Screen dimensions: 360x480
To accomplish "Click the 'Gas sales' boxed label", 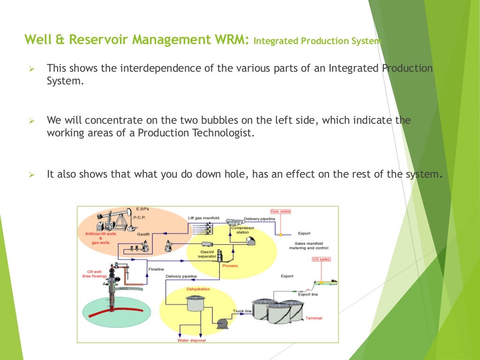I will tap(280, 211).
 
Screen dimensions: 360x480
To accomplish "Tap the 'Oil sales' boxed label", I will tap(321, 259).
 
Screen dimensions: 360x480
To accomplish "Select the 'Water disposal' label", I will tap(191, 340).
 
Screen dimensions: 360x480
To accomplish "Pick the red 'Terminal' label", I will tap(314, 318).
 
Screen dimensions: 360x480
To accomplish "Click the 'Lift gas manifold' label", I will tap(203, 218).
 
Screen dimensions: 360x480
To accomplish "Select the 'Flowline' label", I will tap(156, 269).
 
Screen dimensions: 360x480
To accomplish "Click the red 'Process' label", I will tap(230, 266).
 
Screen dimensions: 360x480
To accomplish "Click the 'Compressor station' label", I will tap(242, 230).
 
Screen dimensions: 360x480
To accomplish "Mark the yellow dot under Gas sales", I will tap(280, 233).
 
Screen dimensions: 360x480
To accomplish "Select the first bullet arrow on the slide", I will tap(32, 69).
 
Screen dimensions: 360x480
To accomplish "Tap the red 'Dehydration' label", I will tap(198, 289).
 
